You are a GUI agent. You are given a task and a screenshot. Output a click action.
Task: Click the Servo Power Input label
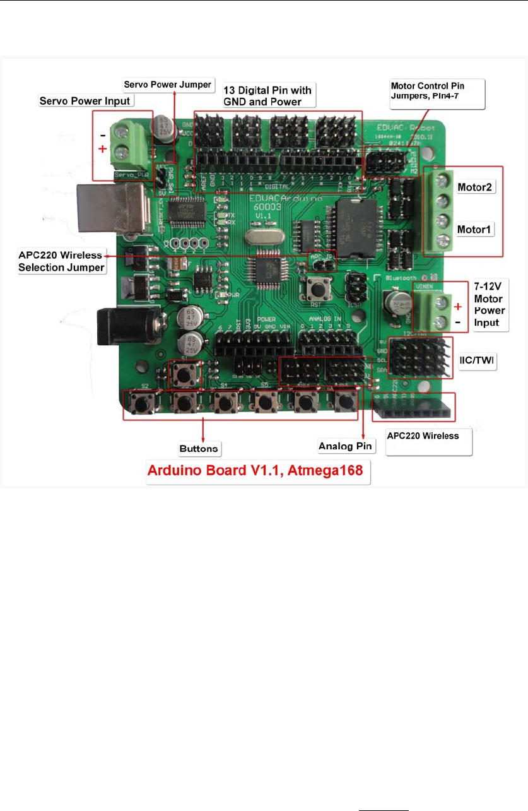85,100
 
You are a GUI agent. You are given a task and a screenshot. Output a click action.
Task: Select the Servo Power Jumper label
168,84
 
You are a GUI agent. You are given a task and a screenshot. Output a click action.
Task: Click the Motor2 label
476,188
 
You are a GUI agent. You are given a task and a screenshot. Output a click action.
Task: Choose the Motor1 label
476,228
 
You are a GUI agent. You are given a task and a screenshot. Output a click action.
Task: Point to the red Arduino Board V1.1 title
258,473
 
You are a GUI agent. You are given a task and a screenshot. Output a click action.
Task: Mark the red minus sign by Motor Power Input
457,323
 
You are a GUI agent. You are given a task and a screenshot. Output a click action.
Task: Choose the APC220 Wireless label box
428,441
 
